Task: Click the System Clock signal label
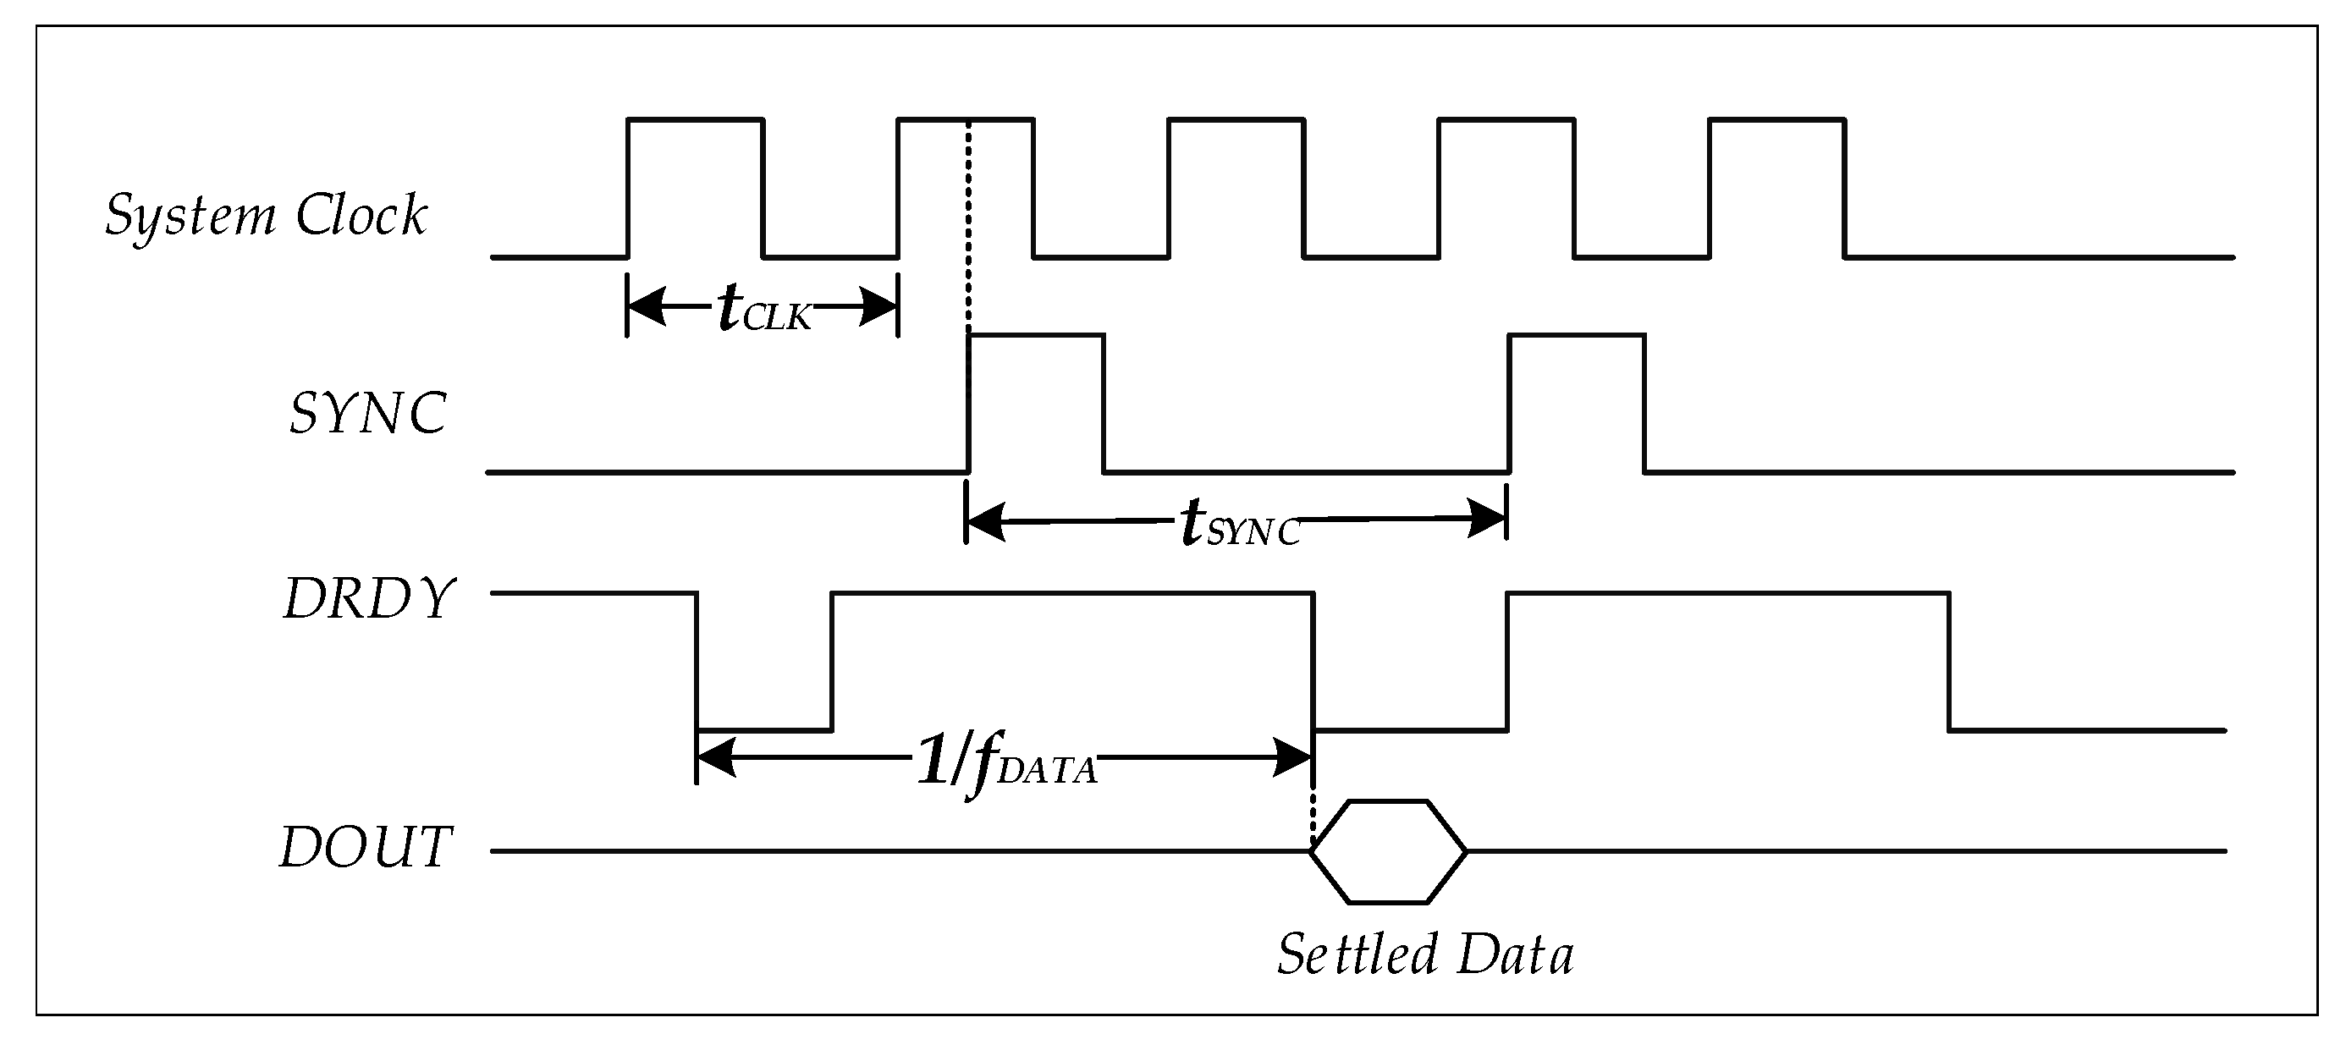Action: tap(266, 217)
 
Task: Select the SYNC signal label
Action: tap(367, 415)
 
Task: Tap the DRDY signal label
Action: tap(368, 599)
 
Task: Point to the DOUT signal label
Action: tap(364, 849)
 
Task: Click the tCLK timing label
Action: tap(763, 310)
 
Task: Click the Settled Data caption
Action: tap(1425, 955)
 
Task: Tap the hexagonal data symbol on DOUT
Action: tap(1388, 851)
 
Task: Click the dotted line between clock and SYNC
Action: tap(968, 228)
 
